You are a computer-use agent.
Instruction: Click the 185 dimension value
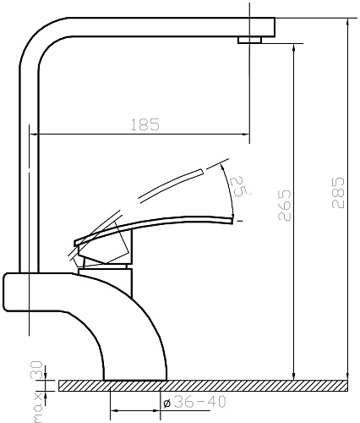click(x=145, y=125)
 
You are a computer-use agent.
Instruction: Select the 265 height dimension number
click(x=284, y=205)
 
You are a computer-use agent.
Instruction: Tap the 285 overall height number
click(x=338, y=193)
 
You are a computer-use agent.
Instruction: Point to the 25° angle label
click(x=238, y=186)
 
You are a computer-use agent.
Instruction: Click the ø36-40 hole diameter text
click(x=195, y=402)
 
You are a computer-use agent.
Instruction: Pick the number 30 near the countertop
click(x=35, y=370)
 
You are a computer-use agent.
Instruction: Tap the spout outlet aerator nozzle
click(x=250, y=40)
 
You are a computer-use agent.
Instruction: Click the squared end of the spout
click(x=270, y=27)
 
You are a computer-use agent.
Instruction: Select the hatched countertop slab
click(x=203, y=386)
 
